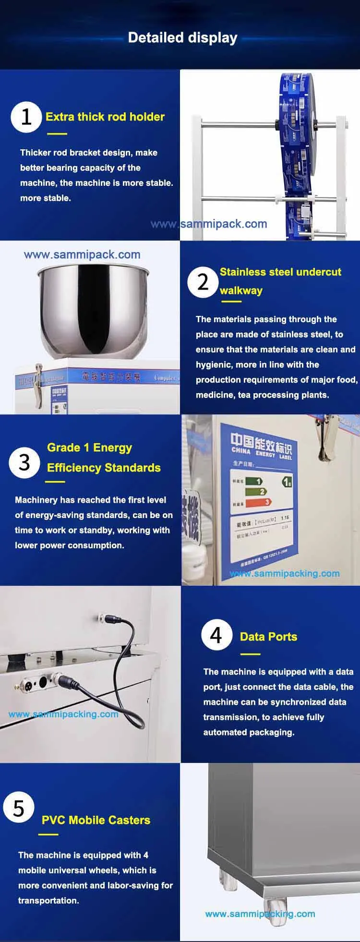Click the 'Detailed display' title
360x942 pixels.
point(182,38)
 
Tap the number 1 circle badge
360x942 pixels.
point(26,117)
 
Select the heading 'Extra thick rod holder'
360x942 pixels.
point(105,117)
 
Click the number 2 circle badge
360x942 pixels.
point(203,282)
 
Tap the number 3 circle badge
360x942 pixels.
point(24,462)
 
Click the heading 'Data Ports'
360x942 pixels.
point(268,637)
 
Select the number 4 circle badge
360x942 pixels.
point(216,635)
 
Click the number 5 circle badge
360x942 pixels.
point(19,808)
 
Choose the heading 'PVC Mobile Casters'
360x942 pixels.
point(96,820)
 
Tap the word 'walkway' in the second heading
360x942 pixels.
point(241,290)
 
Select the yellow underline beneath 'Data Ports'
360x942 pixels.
point(250,653)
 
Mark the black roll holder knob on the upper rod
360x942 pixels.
point(277,124)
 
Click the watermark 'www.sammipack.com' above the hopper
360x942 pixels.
point(82,254)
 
